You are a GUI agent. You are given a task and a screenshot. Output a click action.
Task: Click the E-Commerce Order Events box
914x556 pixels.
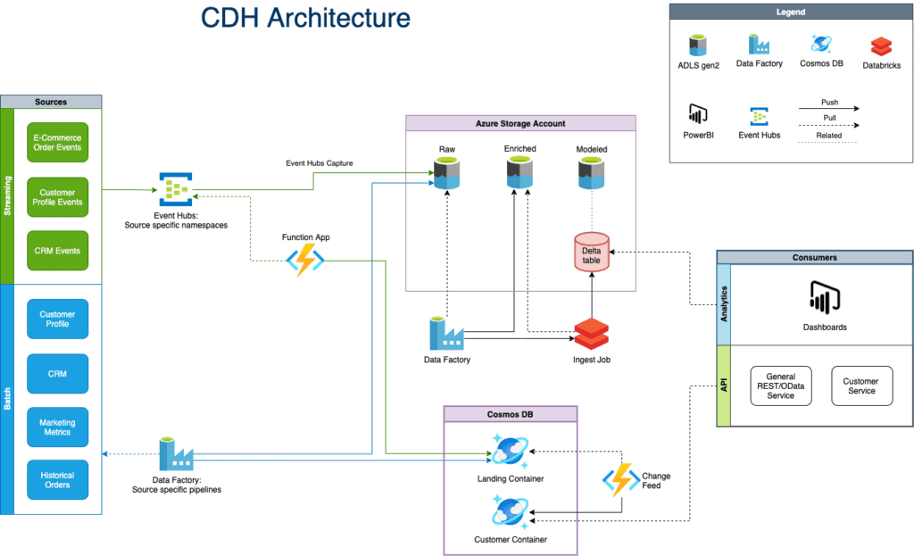pos(58,142)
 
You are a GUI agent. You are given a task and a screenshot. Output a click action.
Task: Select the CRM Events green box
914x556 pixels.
pos(58,251)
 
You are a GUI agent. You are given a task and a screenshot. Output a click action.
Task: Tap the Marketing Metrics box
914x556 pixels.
pos(58,427)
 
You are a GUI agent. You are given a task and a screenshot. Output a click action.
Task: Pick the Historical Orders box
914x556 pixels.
pos(58,479)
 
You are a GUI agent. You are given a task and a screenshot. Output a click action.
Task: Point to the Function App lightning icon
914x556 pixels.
pos(304,261)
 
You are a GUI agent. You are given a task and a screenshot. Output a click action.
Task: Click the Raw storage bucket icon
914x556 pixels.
pos(446,173)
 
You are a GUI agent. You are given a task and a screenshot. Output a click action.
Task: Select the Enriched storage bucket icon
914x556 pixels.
pos(520,173)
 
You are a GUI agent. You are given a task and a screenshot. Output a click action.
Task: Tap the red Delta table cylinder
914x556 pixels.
pos(591,252)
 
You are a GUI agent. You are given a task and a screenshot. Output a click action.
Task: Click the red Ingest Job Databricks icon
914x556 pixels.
pos(591,334)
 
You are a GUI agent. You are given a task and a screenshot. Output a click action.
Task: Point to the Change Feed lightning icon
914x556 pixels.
pos(619,480)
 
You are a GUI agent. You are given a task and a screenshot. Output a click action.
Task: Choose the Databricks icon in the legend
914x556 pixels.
pos(883,46)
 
